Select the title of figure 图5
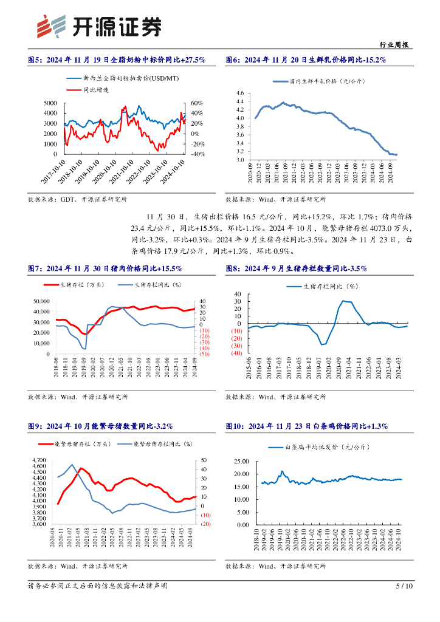coord(117,60)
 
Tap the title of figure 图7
coord(105,268)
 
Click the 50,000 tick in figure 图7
coord(40,301)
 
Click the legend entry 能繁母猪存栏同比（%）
coord(159,444)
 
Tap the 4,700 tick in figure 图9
coord(38,460)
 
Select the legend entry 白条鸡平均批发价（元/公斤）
coord(328,447)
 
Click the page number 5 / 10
coord(404,586)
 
